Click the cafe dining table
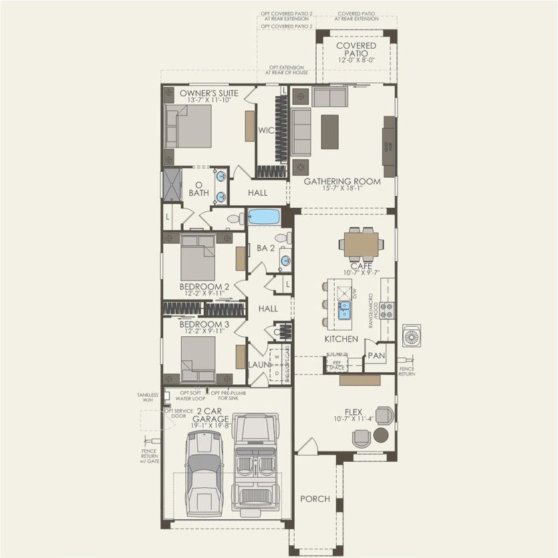(x=361, y=245)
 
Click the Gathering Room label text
(x=342, y=181)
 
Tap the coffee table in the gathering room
(x=329, y=132)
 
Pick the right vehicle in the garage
(x=255, y=462)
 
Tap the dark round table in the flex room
(x=380, y=436)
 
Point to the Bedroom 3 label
(x=204, y=324)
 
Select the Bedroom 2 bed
(x=197, y=257)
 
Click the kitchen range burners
(x=387, y=310)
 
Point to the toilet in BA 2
(x=281, y=237)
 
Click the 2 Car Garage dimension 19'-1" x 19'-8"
(x=210, y=424)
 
